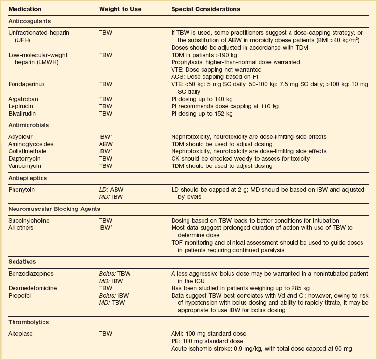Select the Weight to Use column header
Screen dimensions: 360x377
(x=120, y=9)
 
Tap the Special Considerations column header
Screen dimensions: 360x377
(x=206, y=9)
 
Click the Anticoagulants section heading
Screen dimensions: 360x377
(x=29, y=21)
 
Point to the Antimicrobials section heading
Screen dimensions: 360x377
(x=29, y=125)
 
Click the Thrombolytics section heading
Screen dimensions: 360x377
(x=29, y=321)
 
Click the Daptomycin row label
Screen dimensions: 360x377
(x=24, y=159)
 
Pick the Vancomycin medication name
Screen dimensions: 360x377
(x=25, y=166)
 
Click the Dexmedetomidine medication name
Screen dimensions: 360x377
(x=32, y=288)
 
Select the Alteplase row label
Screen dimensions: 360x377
(x=21, y=334)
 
